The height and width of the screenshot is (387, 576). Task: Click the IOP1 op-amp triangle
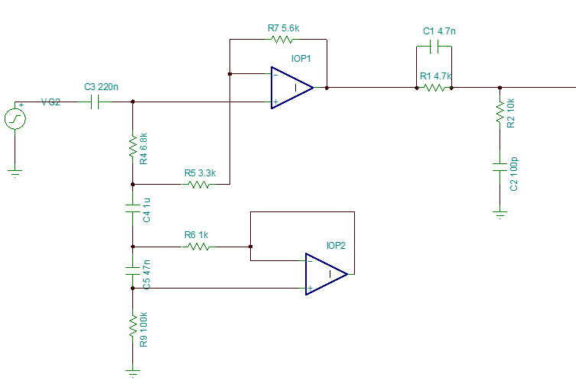[x=291, y=88]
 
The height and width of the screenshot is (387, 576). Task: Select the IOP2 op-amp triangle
[x=326, y=274]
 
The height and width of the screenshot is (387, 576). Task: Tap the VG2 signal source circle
[x=15, y=118]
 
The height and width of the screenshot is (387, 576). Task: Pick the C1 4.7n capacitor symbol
[x=434, y=47]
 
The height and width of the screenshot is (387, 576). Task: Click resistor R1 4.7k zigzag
[x=434, y=88]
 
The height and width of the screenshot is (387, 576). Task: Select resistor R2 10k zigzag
[x=500, y=112]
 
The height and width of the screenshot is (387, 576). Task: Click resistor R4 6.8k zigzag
[x=133, y=144]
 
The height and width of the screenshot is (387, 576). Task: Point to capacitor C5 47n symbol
[x=133, y=269]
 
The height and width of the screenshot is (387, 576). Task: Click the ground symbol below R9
[x=133, y=372]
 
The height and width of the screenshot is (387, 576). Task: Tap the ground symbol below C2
[x=500, y=214]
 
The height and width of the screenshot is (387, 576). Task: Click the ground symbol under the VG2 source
[x=15, y=173]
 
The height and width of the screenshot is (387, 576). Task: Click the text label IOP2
[x=336, y=246]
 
